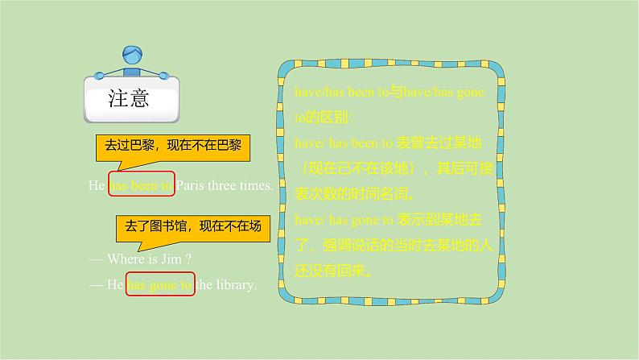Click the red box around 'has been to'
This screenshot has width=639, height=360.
(141, 184)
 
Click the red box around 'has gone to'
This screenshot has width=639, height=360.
(161, 284)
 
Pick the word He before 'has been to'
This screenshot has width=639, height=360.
(97, 184)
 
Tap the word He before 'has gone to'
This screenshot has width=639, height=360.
(115, 284)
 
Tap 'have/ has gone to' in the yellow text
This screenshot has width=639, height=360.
(344, 219)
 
